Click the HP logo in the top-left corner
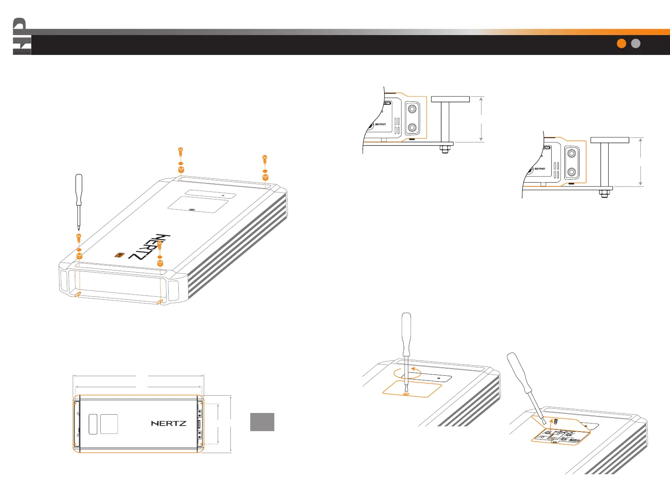tap(22, 37)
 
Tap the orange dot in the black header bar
tap(621, 44)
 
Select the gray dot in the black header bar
tap(636, 44)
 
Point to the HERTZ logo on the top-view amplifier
tap(169, 423)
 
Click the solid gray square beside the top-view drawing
tap(262, 422)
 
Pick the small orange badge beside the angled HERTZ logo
tap(120, 255)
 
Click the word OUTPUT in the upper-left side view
tap(380, 124)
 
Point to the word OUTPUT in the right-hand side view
tap(540, 169)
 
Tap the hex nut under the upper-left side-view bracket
tap(444, 149)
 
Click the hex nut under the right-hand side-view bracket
tap(604, 194)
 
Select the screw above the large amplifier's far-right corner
tap(265, 159)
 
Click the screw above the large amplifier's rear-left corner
tap(180, 151)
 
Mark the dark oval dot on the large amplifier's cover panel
tap(192, 210)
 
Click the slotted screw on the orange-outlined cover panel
tap(406, 394)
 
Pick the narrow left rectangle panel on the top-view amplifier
tap(93, 424)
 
